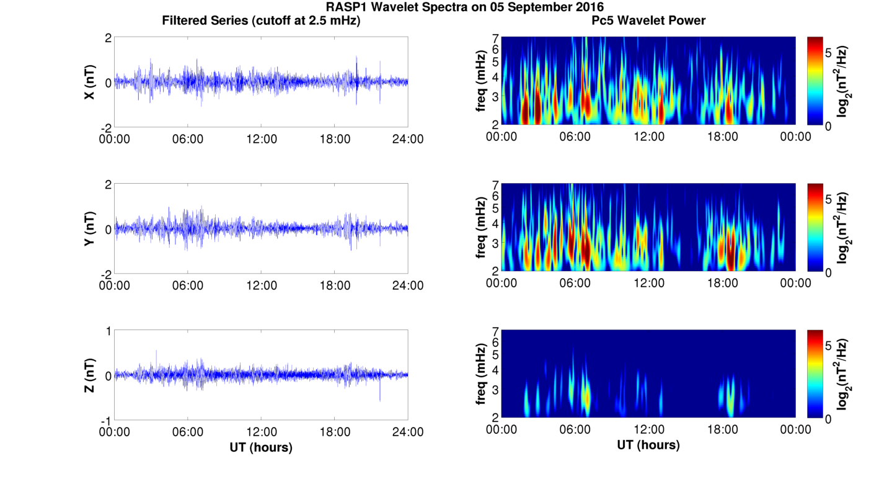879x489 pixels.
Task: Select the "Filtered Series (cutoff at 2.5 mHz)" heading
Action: tap(261, 20)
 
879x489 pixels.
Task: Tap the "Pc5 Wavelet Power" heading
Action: tap(648, 20)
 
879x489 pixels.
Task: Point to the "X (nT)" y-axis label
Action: tap(90, 82)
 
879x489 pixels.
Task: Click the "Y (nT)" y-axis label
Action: tap(90, 229)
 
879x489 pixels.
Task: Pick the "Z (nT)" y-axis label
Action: tap(90, 375)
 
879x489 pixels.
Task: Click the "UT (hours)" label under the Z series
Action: tap(261, 447)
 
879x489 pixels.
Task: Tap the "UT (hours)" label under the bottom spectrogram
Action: tap(648, 445)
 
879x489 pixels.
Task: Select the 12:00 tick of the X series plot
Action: tap(262, 139)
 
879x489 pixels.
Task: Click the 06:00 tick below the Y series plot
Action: tap(188, 285)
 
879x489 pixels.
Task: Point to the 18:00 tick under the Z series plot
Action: tap(335, 433)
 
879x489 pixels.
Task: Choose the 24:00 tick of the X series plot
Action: tap(408, 139)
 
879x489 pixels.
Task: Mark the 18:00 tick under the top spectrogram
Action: tap(722, 137)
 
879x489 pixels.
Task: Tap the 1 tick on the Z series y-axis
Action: tap(108, 331)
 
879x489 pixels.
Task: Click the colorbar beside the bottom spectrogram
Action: tap(815, 374)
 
